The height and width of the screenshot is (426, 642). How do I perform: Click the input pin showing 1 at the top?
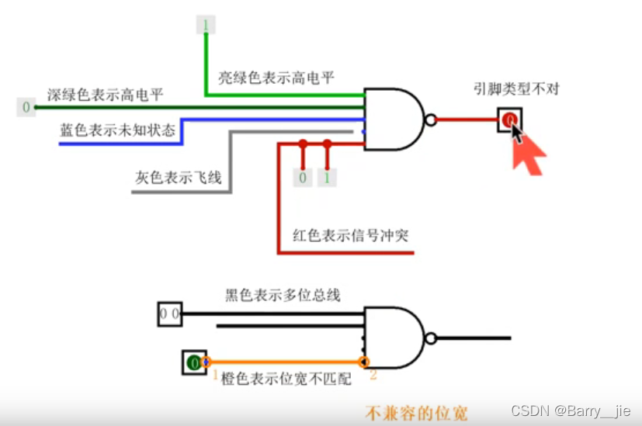pyautogui.click(x=206, y=26)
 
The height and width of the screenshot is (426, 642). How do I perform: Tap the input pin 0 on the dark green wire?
pyautogui.click(x=27, y=107)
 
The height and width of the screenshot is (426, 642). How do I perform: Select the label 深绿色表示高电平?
pyautogui.click(x=106, y=95)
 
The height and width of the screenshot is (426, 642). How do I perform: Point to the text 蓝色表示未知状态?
pyautogui.click(x=117, y=129)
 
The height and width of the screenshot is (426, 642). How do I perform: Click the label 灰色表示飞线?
pyautogui.click(x=178, y=177)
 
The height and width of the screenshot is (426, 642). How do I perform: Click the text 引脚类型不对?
pyautogui.click(x=516, y=88)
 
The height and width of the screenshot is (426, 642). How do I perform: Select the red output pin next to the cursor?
pyautogui.click(x=509, y=119)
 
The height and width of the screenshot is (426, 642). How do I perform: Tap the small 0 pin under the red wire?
pyautogui.click(x=302, y=178)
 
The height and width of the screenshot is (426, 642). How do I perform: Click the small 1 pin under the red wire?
pyautogui.click(x=327, y=178)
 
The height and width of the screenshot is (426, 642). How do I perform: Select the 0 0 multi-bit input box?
pyautogui.click(x=169, y=313)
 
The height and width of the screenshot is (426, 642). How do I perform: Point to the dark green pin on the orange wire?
pyautogui.click(x=193, y=362)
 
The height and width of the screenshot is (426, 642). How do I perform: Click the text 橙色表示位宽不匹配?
pyautogui.click(x=286, y=379)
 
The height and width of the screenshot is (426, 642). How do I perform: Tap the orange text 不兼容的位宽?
pyautogui.click(x=417, y=412)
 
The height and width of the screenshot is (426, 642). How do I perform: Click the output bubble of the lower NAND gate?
pyautogui.click(x=431, y=338)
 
